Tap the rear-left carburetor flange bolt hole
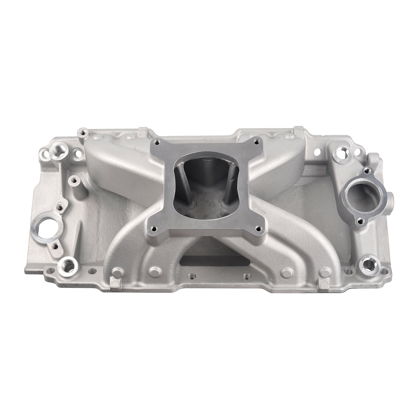coord(157,142)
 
